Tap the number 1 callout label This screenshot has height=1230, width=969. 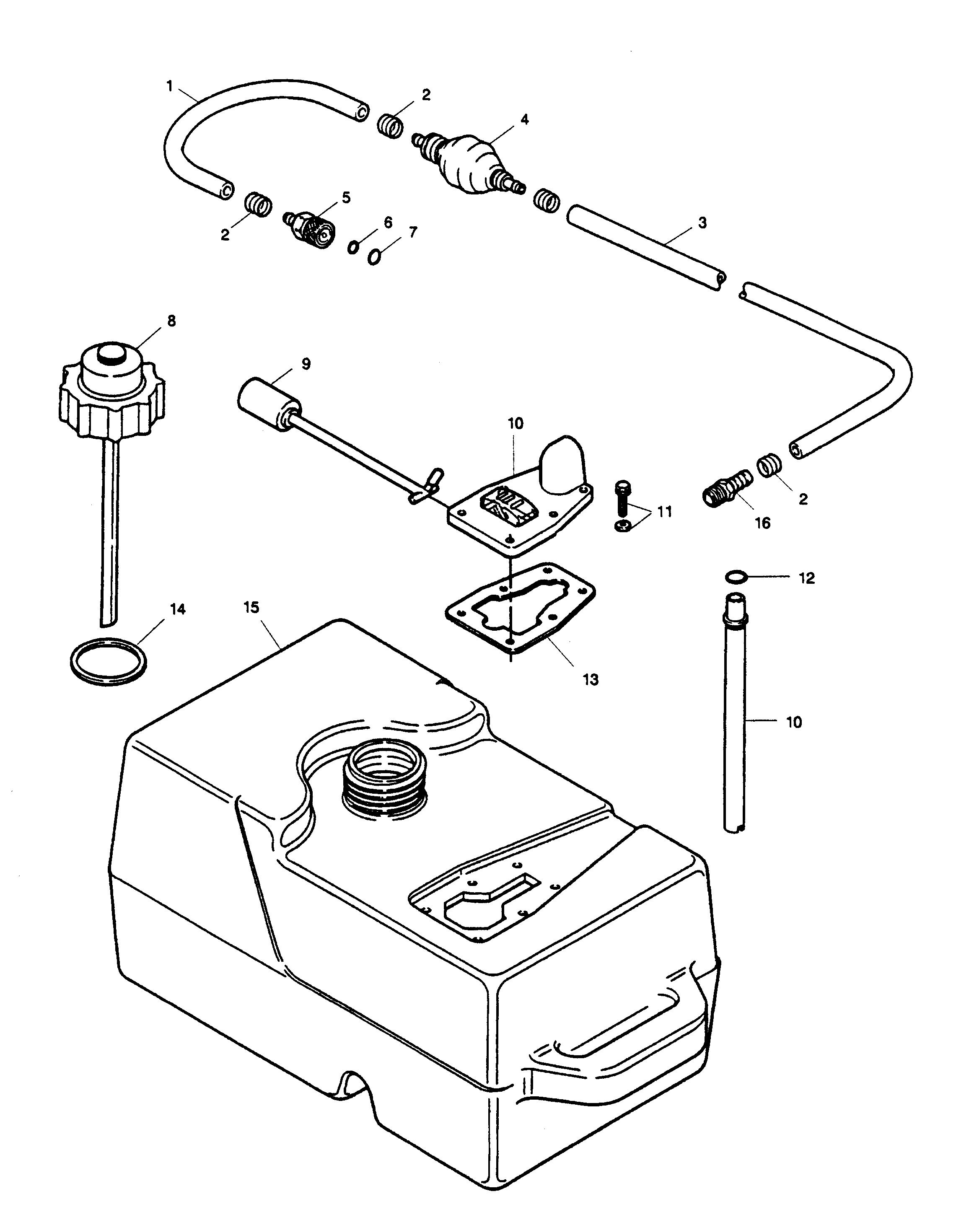pos(169,86)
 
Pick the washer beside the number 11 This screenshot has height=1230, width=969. pos(622,526)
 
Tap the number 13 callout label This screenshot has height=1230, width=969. pos(591,680)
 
